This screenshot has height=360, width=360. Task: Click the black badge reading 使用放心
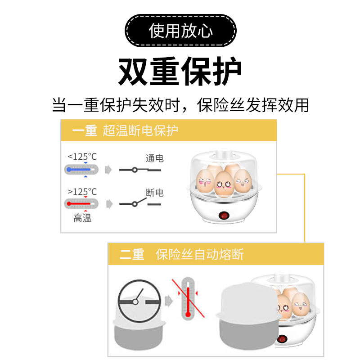point(180,31)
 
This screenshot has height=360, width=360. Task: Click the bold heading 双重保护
point(180,72)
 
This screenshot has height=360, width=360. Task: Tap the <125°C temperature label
point(82,157)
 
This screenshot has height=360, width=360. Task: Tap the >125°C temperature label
point(82,192)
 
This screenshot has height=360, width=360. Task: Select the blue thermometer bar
point(81,170)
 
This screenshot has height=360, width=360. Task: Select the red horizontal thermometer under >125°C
point(81,204)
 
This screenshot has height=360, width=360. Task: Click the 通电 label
point(154,158)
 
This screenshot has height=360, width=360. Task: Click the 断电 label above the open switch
point(154,193)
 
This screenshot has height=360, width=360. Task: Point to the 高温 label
point(82,218)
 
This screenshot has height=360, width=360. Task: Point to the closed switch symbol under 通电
point(140,170)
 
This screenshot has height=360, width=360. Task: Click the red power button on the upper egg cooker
point(223,216)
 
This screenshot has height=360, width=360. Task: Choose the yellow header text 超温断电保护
point(140,130)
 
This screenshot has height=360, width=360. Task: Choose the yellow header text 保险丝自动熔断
point(199,254)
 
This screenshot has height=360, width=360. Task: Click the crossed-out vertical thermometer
point(188,298)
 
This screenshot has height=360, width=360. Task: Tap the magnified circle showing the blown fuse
point(139,301)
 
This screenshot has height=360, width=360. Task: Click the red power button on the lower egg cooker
point(282,339)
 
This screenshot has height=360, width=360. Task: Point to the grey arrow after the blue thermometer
point(108,170)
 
